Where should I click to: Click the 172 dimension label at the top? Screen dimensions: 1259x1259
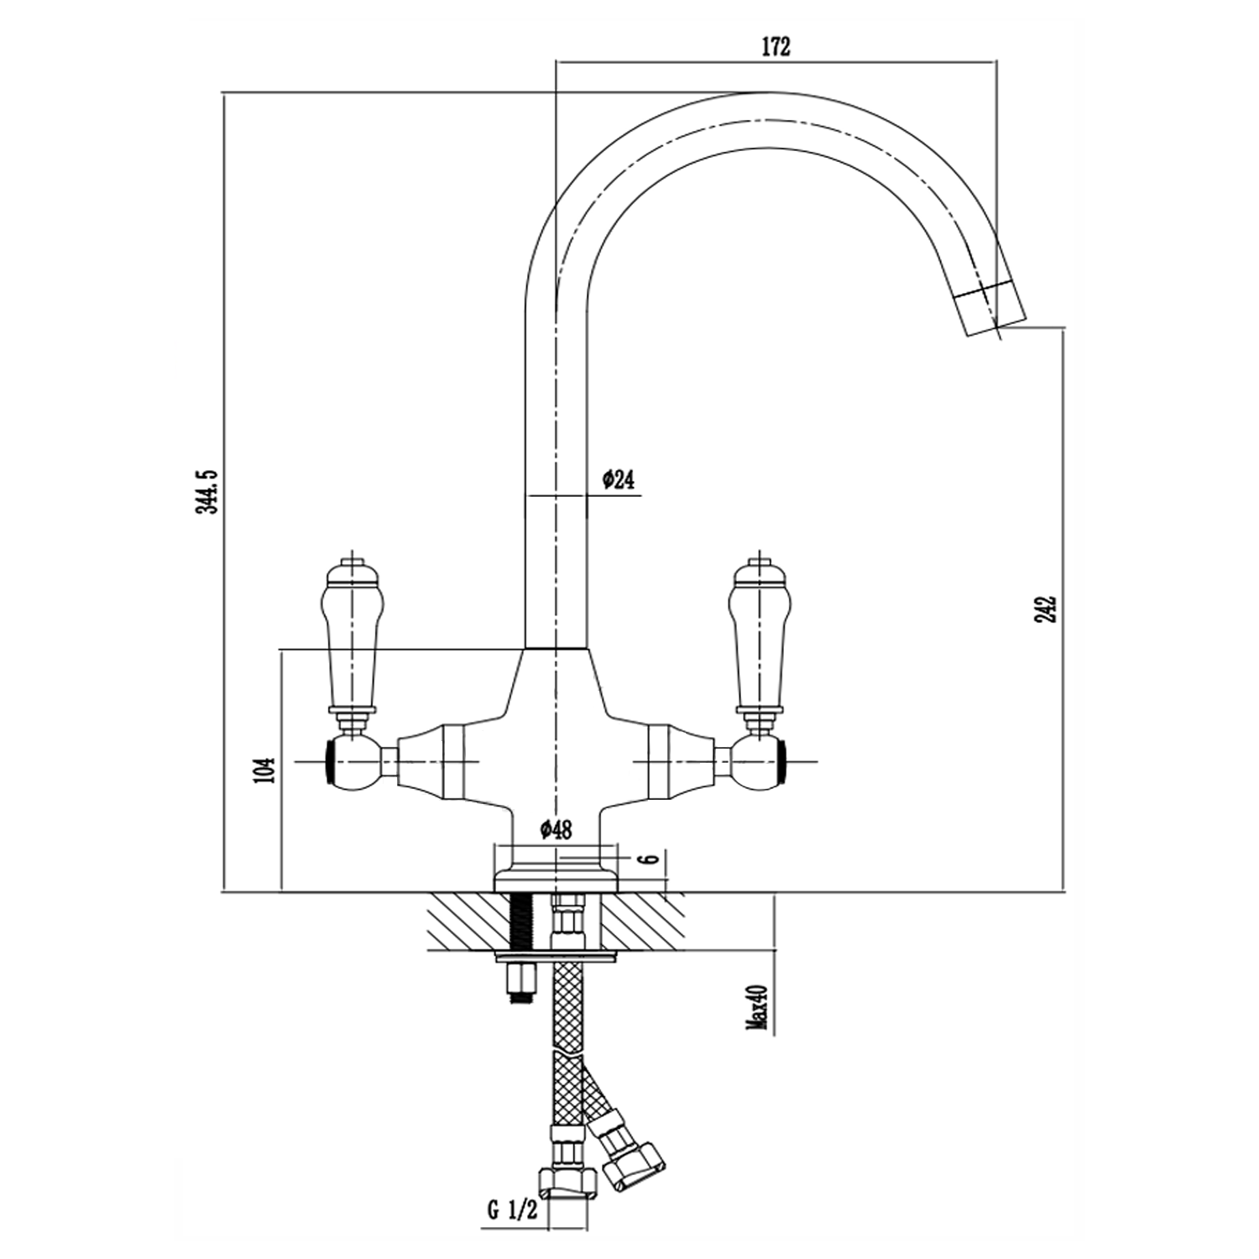776,47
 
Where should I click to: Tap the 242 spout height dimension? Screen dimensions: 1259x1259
1046,609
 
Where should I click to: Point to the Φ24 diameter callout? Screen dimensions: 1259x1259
618,480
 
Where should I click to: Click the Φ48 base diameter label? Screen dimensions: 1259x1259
556,829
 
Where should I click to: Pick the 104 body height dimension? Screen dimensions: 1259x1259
264,770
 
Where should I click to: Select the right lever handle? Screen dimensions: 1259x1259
760,638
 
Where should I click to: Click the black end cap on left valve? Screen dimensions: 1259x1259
329,761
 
